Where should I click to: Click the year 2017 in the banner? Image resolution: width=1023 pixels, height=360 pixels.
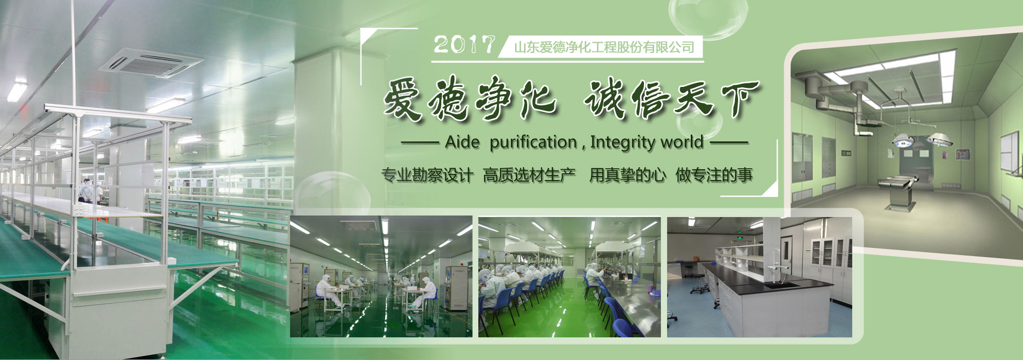[464, 45]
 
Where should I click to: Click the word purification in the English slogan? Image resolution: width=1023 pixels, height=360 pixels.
[533, 142]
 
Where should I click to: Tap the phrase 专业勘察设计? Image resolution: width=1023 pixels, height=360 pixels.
[427, 175]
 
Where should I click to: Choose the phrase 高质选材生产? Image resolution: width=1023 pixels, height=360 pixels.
[529, 175]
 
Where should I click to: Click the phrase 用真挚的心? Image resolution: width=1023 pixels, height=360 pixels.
[627, 175]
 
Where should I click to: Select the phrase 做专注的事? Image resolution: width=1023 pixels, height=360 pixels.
[714, 175]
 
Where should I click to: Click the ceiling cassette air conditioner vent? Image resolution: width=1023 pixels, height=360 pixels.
[151, 63]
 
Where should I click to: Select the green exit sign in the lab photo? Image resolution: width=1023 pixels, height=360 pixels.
[740, 239]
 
